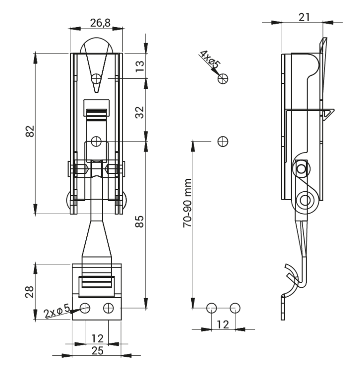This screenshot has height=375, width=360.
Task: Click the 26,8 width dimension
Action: [x=100, y=23]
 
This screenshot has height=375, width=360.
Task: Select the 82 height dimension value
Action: [x=30, y=131]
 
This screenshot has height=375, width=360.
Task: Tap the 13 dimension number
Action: [x=140, y=66]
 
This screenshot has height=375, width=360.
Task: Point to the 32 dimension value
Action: [x=140, y=112]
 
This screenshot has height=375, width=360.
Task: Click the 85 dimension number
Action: [x=140, y=221]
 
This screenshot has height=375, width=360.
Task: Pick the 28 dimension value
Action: [x=30, y=292]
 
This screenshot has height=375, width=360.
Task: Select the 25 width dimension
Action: [x=97, y=351]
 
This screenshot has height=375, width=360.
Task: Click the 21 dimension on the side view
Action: [x=304, y=17]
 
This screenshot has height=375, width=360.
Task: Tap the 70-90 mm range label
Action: [x=187, y=203]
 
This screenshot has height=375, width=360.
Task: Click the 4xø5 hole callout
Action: [x=210, y=60]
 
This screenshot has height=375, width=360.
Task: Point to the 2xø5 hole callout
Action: [x=57, y=311]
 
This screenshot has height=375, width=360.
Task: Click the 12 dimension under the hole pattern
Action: [x=223, y=324]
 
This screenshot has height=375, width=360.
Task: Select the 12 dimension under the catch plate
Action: [x=97, y=338]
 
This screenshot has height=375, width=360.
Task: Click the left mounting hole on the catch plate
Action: [x=85, y=308]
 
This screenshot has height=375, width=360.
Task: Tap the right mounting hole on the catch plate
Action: [x=108, y=308]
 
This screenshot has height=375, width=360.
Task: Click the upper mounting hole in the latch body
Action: [x=97, y=78]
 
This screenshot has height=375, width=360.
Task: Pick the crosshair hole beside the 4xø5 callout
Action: [x=223, y=78]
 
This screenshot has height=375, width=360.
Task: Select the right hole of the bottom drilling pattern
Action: [x=235, y=308]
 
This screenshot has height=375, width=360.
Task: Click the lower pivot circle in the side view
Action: [x=305, y=200]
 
